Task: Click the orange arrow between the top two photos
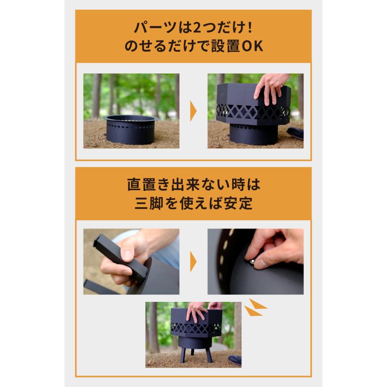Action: pos(193,111)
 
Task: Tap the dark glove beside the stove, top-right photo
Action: pos(296,133)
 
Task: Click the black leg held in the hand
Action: pos(120,258)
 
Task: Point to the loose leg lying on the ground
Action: pos(99,287)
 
